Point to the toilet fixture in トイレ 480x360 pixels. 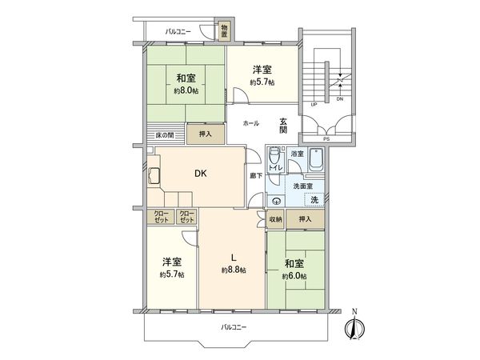tap(274, 156)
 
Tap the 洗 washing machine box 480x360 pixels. tap(314, 199)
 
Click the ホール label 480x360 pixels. tap(250, 125)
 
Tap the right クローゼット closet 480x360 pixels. tap(186, 216)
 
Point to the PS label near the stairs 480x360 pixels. tap(325, 138)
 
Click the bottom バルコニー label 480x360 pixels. tap(234, 328)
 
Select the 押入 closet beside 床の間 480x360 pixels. tap(205, 134)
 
